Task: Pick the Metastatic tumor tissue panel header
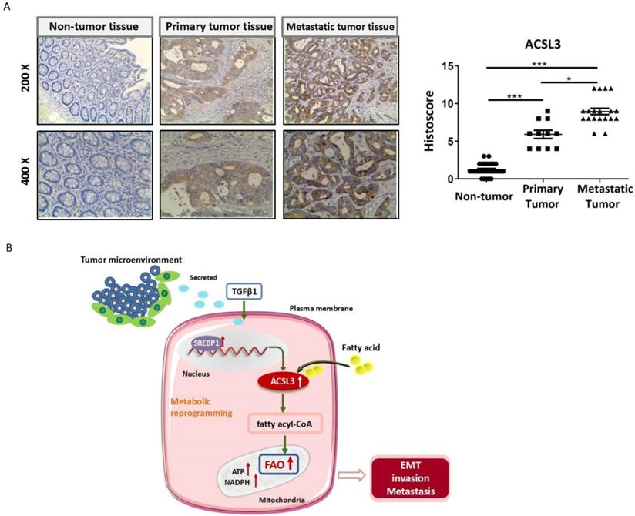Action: [x=340, y=27]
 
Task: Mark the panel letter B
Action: [x=8, y=248]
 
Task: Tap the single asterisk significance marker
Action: [x=569, y=77]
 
